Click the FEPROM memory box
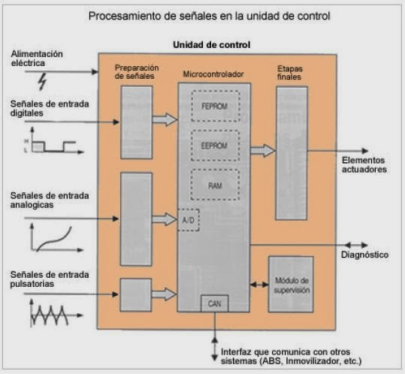point(214,107)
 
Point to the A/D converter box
point(188,219)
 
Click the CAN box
point(214,304)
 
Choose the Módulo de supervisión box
point(291,285)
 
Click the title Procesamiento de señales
point(209,15)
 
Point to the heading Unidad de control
point(212,45)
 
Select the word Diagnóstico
point(364,255)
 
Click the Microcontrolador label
point(214,75)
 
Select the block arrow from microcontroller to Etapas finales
point(262,151)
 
